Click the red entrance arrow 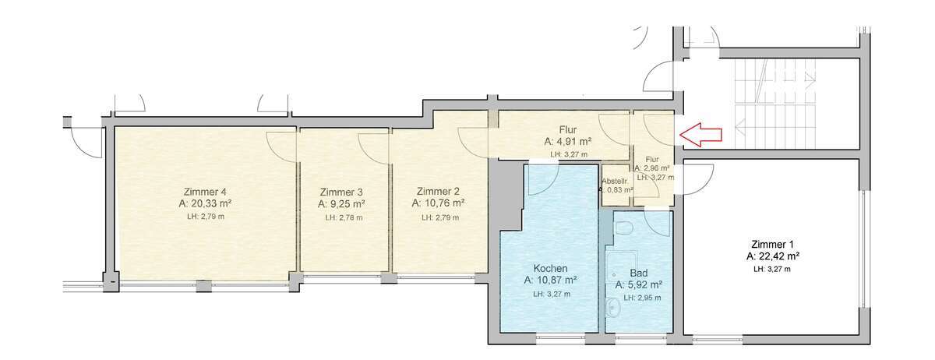pyautogui.click(x=700, y=135)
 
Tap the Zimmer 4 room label pyautogui.click(x=205, y=192)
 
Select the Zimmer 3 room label pyautogui.click(x=341, y=192)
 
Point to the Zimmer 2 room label pyautogui.click(x=438, y=191)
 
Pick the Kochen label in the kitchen pyautogui.click(x=550, y=268)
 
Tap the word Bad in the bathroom pyautogui.click(x=639, y=274)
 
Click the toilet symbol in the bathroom pyautogui.click(x=624, y=228)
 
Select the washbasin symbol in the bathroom pyautogui.click(x=612, y=308)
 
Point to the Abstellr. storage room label pyautogui.click(x=616, y=182)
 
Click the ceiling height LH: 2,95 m pyautogui.click(x=642, y=298)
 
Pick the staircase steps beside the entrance pyautogui.click(x=774, y=104)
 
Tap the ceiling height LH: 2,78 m pyautogui.click(x=344, y=217)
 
